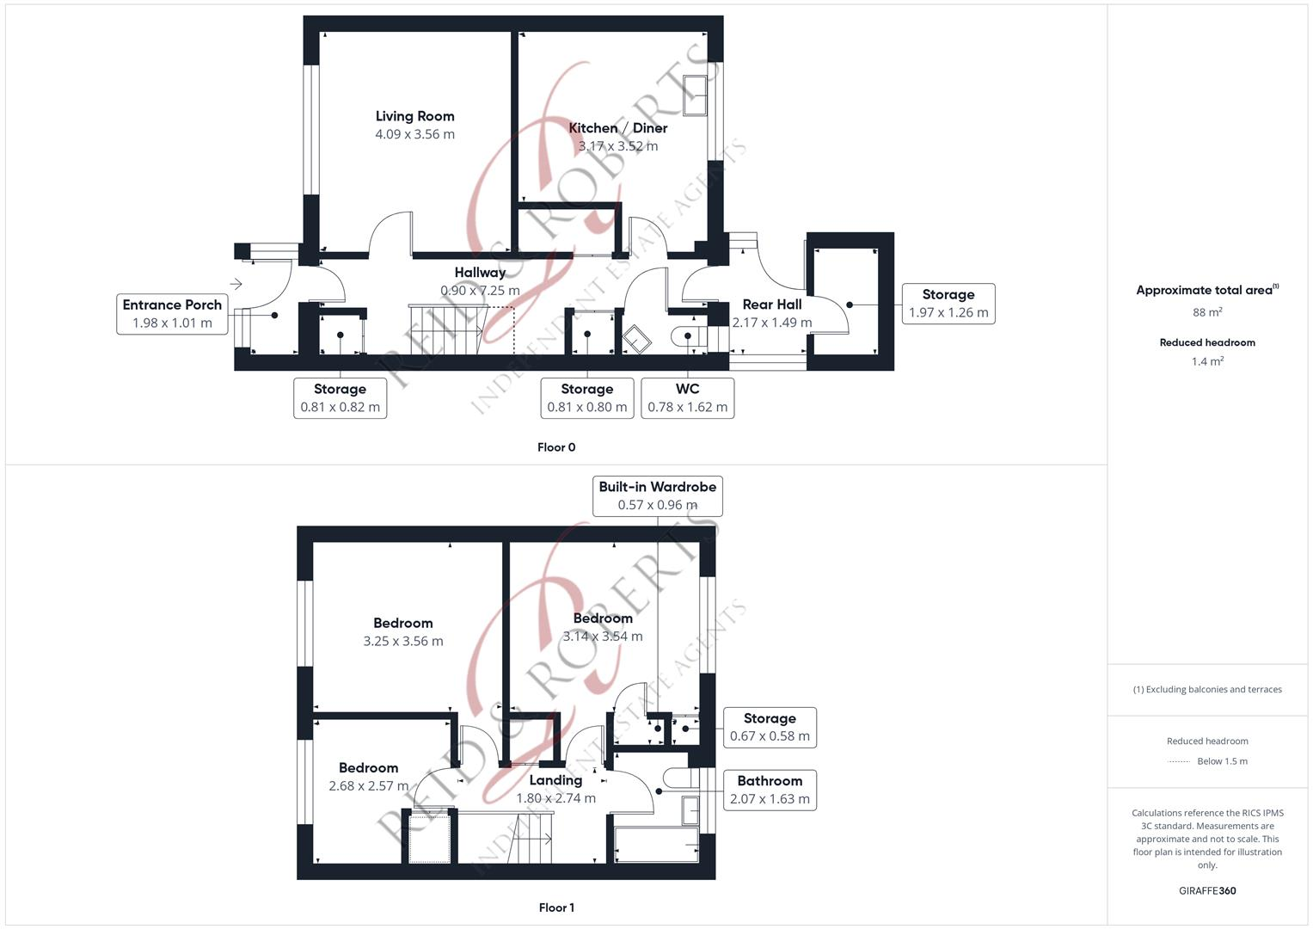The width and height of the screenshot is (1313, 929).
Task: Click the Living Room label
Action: coord(414,116)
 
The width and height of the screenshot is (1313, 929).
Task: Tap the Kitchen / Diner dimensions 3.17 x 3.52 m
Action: coord(617,146)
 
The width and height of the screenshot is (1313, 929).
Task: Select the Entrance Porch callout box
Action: coord(172,314)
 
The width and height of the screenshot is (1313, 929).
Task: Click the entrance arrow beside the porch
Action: coord(236,285)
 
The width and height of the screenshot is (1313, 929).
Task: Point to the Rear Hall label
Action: coord(771,305)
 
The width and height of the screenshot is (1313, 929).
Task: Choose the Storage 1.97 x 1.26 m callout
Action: coord(948,304)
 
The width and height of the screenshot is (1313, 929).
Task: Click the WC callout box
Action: coord(687,398)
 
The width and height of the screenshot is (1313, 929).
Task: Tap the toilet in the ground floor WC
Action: coord(687,335)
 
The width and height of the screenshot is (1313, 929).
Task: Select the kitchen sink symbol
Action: coord(694,95)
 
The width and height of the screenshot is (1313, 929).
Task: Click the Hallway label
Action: coord(480,273)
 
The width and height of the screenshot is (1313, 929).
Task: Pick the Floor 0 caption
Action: coord(556,447)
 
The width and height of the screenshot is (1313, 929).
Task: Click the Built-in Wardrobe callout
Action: coord(657,495)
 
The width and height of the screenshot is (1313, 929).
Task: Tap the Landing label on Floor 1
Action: coord(555,780)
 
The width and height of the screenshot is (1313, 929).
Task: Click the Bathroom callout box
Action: coord(769,790)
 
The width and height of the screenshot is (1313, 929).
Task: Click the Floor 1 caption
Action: coord(556,907)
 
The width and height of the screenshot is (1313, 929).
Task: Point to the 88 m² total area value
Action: coord(1207,312)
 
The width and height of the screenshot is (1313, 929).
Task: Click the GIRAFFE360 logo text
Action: coord(1207,890)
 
